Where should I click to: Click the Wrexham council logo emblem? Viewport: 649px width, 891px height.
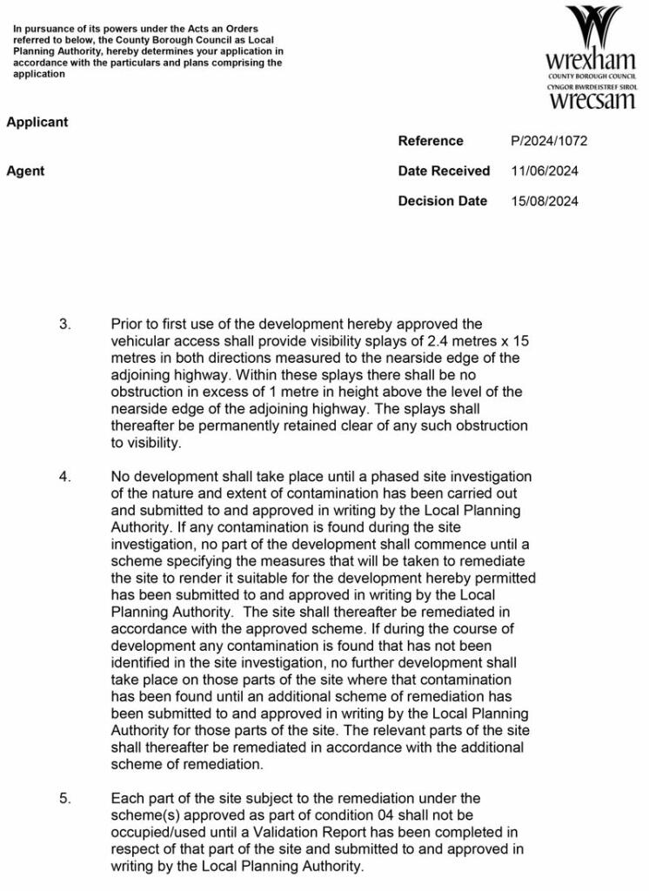[592, 28]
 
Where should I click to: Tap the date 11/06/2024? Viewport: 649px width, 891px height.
[545, 171]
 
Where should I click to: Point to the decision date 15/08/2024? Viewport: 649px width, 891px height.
[545, 201]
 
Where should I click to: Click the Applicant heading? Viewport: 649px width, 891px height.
[37, 123]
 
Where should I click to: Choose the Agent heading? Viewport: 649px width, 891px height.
[25, 171]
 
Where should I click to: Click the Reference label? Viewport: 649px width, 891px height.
[431, 141]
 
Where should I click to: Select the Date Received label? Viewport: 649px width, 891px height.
[444, 171]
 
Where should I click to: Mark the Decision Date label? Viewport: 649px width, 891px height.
[442, 201]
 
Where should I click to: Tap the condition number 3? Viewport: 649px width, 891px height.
[65, 325]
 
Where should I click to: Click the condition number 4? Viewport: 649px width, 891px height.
[65, 477]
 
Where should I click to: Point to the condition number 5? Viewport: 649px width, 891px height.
[65, 799]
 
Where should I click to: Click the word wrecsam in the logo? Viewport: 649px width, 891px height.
[592, 100]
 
